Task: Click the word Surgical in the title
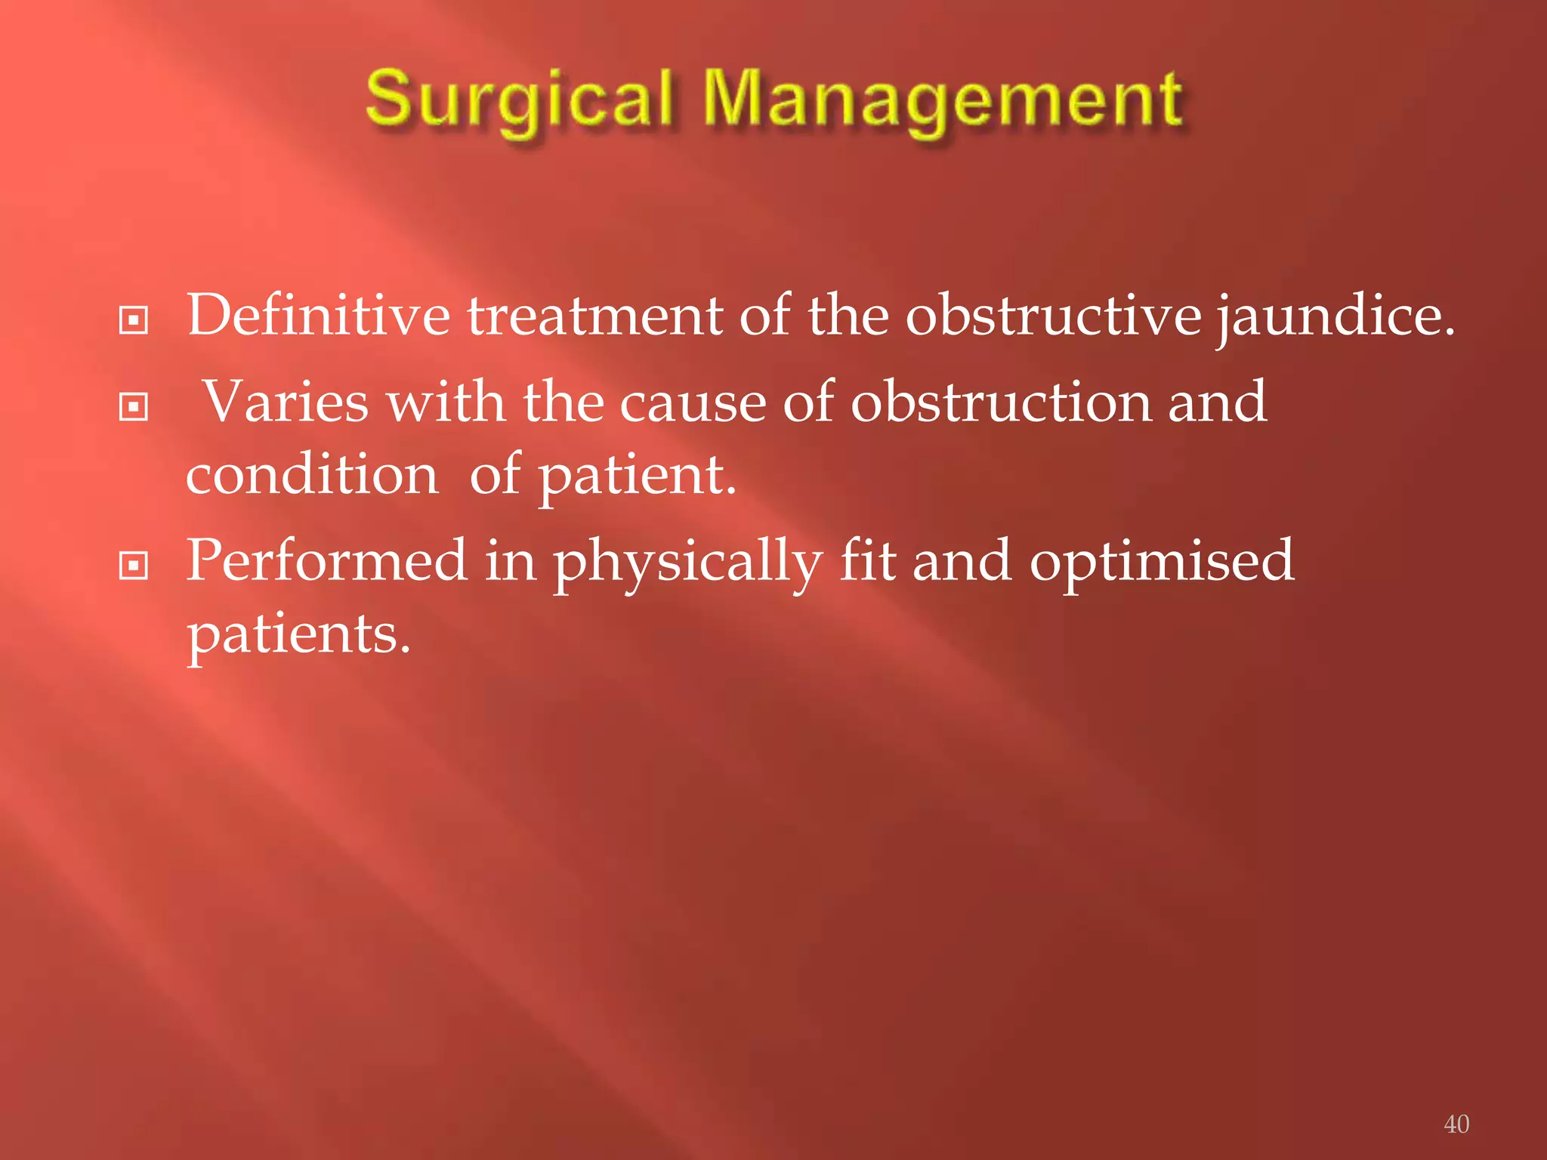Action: (519, 100)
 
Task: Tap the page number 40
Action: (1456, 1124)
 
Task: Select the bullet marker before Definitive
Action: (134, 320)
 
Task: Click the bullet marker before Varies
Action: (134, 407)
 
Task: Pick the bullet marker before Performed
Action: (134, 566)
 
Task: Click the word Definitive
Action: (318, 315)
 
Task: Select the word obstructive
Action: (1053, 315)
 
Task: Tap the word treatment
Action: (595, 316)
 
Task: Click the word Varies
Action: (286, 402)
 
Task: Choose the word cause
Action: (692, 403)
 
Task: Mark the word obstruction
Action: (1001, 402)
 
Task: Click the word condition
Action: (312, 475)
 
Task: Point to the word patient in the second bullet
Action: (635, 477)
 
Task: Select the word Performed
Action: (326, 560)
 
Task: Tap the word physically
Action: (687, 563)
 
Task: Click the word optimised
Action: (1162, 562)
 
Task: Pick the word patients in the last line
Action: (298, 635)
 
